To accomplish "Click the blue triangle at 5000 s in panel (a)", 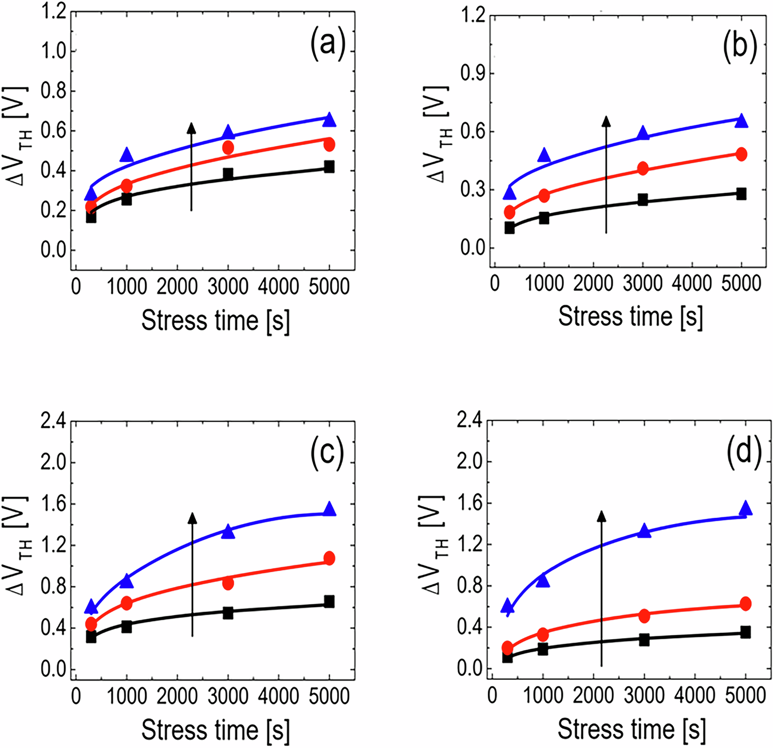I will pyautogui.click(x=329, y=120).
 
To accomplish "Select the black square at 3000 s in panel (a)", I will pyautogui.click(x=228, y=174).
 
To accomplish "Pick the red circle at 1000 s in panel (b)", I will pyautogui.click(x=543, y=196).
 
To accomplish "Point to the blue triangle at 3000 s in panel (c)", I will pyautogui.click(x=228, y=532).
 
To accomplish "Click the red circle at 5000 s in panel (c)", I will pyautogui.click(x=329, y=558).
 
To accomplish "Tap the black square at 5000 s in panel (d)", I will pyautogui.click(x=745, y=632).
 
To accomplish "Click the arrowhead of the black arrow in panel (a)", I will pyautogui.click(x=192, y=127).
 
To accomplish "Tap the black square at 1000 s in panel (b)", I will pyautogui.click(x=543, y=218).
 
